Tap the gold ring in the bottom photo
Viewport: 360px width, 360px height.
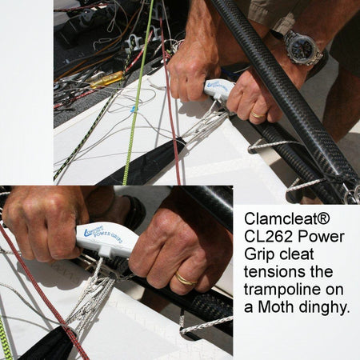185,279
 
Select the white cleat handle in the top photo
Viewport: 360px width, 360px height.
218,88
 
